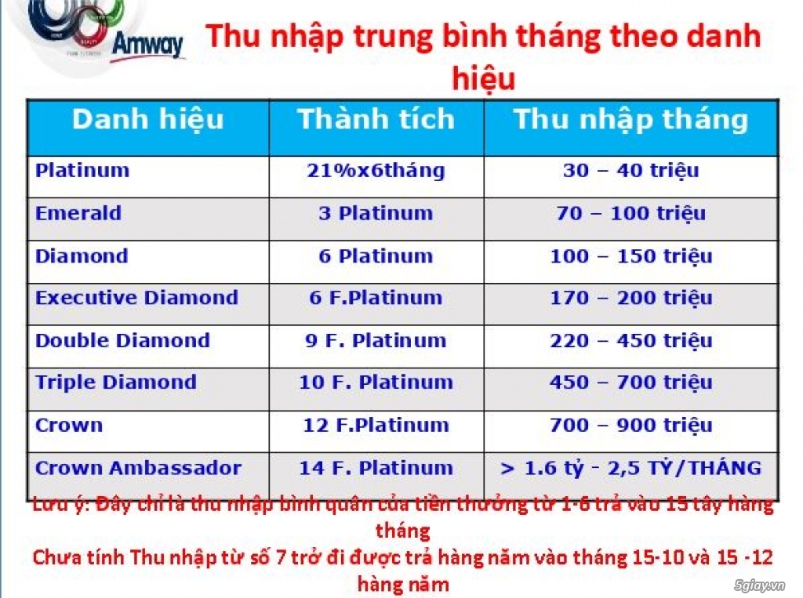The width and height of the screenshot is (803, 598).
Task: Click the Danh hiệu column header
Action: tap(147, 119)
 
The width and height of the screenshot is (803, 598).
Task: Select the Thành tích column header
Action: tap(376, 119)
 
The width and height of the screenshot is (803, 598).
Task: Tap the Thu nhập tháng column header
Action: tap(630, 119)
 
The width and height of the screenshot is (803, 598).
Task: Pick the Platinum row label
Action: tap(82, 171)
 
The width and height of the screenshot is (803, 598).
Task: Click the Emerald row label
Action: tap(78, 213)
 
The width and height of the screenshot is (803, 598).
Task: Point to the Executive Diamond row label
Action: tap(136, 298)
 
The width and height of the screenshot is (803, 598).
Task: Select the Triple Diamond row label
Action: tap(115, 382)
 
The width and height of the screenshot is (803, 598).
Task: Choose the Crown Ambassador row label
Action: tap(138, 468)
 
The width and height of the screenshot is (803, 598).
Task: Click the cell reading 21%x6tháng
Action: tap(376, 171)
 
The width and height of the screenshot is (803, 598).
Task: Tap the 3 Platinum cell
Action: tap(376, 213)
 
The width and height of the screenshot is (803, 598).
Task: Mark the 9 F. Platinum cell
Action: tap(376, 341)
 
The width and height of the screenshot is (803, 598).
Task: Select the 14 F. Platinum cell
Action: tap(376, 468)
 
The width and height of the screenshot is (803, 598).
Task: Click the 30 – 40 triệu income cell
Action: tap(630, 171)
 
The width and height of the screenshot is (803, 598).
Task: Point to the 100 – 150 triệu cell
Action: tap(630, 256)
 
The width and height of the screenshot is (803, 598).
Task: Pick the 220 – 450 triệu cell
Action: tap(630, 341)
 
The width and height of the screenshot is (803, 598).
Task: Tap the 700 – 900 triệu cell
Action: tap(630, 426)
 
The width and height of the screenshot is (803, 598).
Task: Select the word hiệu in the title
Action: tap(483, 78)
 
